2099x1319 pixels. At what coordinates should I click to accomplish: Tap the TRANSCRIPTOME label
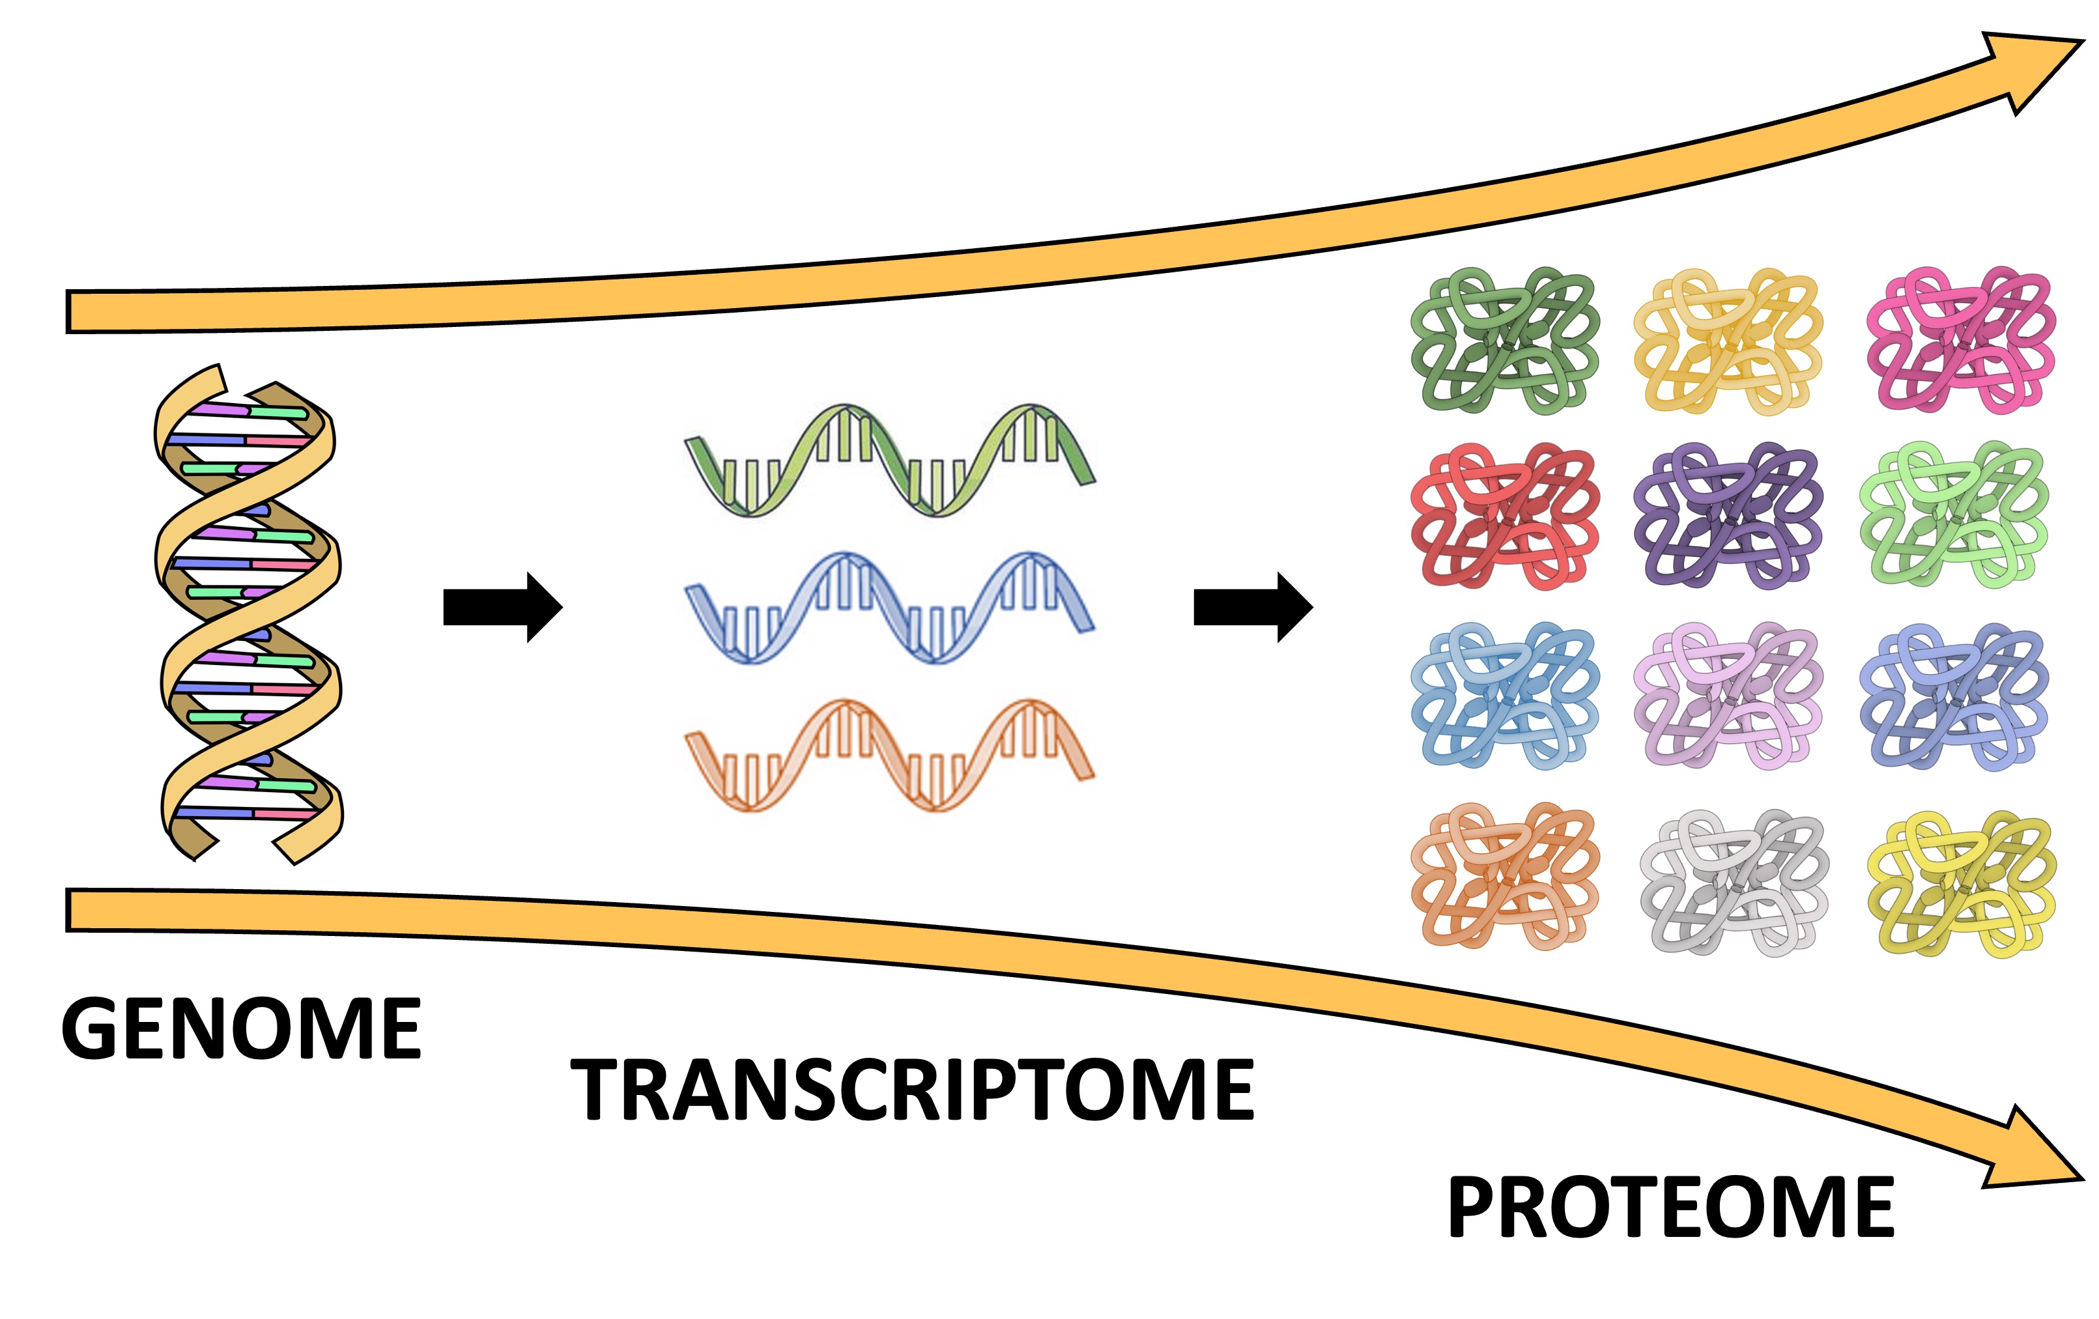click(912, 1089)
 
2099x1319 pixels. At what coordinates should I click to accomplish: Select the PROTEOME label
click(1670, 1208)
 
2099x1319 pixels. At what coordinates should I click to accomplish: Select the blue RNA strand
click(889, 607)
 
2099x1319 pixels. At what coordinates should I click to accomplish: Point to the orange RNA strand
click(889, 755)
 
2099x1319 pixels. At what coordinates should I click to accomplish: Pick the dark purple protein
click(1728, 516)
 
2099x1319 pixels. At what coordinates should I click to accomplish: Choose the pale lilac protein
click(1728, 696)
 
